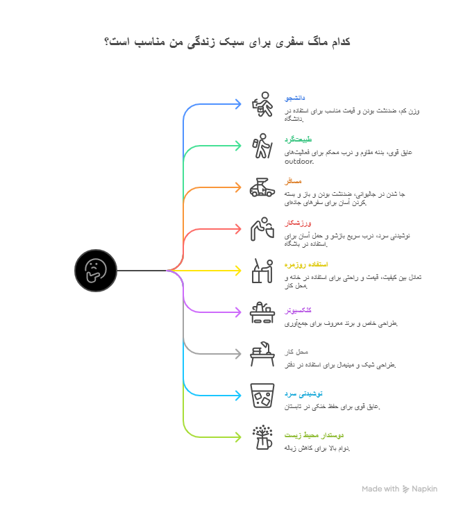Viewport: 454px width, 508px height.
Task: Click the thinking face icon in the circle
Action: click(95, 270)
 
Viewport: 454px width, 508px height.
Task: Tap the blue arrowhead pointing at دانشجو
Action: click(237, 104)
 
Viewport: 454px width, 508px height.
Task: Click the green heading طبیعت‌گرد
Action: click(298, 139)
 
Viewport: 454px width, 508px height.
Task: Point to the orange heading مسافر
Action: click(292, 181)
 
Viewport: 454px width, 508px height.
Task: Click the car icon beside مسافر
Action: click(262, 187)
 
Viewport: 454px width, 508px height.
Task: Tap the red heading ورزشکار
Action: click(298, 223)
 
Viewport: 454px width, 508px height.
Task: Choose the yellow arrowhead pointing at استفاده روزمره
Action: click(237, 271)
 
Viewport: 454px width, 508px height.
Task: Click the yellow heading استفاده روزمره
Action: click(306, 264)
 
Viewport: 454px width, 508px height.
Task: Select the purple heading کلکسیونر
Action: click(298, 310)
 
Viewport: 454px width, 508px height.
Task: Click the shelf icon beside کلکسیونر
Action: click(262, 312)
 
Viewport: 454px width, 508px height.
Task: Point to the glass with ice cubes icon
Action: click(262, 396)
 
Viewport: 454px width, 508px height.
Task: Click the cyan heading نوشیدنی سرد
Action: click(300, 393)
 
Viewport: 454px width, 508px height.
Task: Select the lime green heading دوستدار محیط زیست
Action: click(314, 435)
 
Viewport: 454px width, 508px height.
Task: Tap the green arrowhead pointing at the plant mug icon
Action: click(237, 437)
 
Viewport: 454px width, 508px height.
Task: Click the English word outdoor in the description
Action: click(299, 162)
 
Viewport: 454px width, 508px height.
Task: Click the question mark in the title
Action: click(107, 42)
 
